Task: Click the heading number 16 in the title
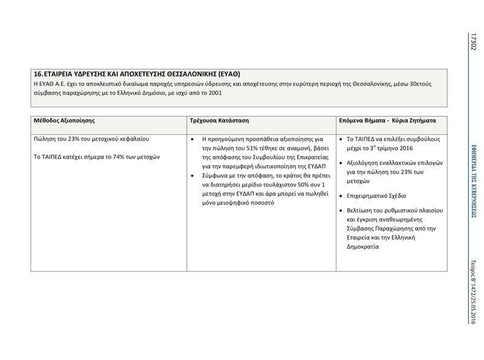[38, 74]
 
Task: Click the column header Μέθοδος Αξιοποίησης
[65, 120]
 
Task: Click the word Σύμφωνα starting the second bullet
[215, 175]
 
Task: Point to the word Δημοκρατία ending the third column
[363, 247]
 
